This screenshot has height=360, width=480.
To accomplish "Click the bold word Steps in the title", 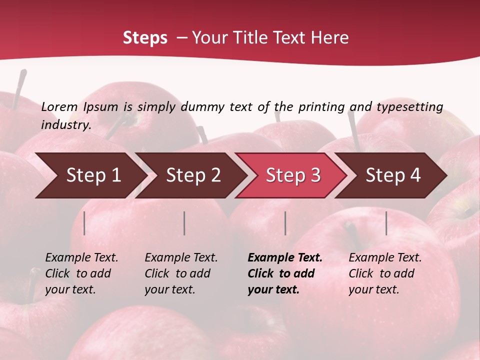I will pos(145,38).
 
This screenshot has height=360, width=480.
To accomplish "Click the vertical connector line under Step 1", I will pos(84,223).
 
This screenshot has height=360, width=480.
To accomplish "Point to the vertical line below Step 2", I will pos(184,223).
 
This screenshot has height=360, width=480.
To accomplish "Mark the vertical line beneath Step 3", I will pos(285,223).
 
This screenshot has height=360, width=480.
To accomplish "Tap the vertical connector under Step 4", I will pos(386,223).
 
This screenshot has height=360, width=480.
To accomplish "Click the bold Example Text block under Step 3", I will pos(285,273).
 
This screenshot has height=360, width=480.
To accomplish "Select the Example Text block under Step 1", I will pos(81,273).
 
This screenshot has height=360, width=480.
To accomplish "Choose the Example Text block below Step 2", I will pos(181,273).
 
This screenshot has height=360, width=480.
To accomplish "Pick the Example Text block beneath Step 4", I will pos(385,273).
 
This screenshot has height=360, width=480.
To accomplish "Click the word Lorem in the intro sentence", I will pos(59,106).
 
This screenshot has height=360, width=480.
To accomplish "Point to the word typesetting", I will pos(409,106).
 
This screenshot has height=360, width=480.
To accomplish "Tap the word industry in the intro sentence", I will pos(66,125).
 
